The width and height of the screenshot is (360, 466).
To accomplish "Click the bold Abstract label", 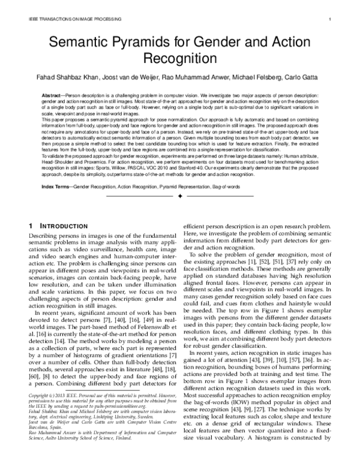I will [x=52, y=95].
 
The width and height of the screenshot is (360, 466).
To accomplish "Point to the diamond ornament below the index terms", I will [x=180, y=196].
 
